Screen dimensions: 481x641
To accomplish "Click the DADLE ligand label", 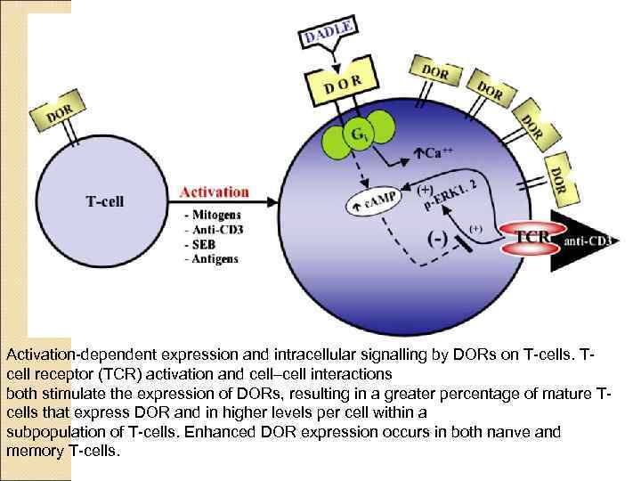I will pyautogui.click(x=329, y=29).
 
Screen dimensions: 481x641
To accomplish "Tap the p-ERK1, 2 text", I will pyautogui.click(x=455, y=195).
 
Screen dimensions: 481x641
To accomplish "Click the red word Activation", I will pyautogui.click(x=215, y=191).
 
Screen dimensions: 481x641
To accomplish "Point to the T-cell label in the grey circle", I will pyautogui.click(x=104, y=201).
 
